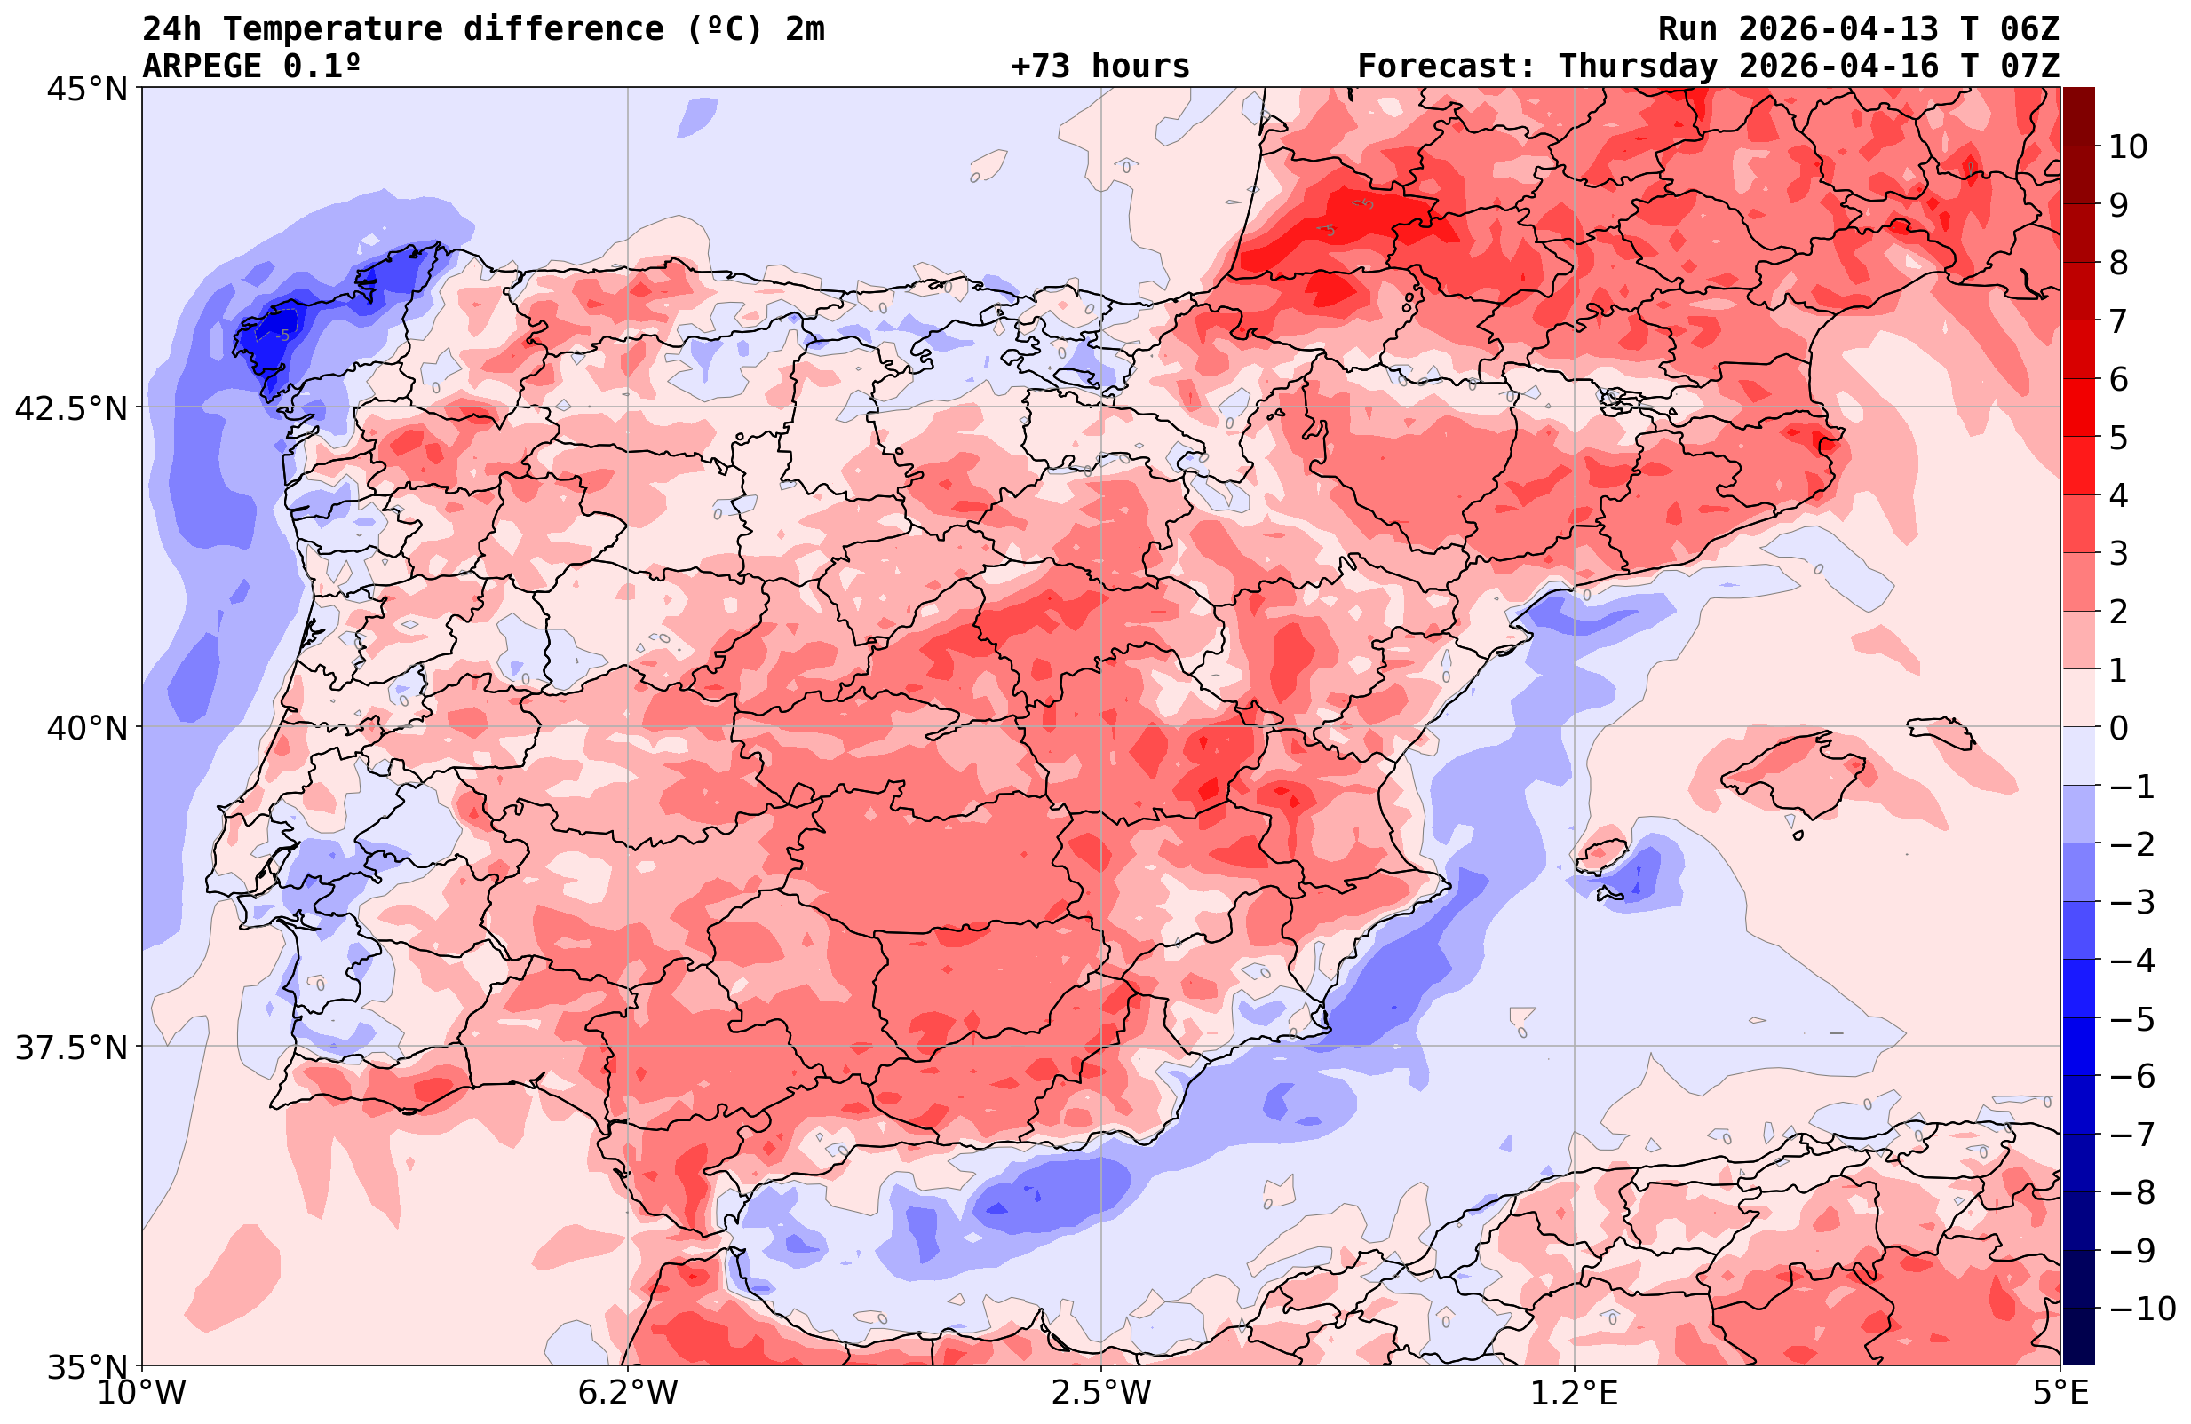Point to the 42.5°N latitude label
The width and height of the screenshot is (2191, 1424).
70,408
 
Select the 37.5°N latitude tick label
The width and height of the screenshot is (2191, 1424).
70,1048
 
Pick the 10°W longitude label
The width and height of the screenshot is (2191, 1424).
142,1393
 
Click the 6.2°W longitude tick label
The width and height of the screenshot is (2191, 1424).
628,1393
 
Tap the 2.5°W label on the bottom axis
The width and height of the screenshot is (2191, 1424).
1101,1393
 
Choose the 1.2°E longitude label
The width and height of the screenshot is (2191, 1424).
1575,1393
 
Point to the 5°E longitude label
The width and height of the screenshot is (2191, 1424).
2060,1393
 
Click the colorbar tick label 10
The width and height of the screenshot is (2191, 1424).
2129,147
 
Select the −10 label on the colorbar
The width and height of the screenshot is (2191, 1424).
2141,1308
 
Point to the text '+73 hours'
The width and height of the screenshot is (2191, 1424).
1100,67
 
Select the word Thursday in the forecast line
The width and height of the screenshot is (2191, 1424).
1638,67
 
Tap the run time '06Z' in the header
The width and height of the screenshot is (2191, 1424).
2029,29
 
